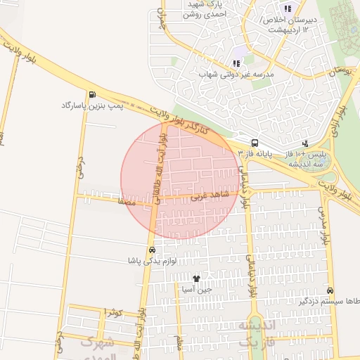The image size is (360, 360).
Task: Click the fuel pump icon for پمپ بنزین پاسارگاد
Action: click(x=92, y=94)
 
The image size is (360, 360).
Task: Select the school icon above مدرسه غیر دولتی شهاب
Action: click(x=236, y=63)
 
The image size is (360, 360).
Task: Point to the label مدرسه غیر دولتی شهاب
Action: click(x=236, y=74)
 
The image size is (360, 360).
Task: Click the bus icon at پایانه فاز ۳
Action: click(x=254, y=141)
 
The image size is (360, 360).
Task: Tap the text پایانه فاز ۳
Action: click(x=254, y=153)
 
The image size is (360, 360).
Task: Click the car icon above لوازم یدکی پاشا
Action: click(x=152, y=250)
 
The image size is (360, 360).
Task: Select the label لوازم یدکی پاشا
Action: click(x=151, y=262)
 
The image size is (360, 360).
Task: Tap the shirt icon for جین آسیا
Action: click(x=196, y=278)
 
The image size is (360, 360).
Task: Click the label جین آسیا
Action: click(x=196, y=290)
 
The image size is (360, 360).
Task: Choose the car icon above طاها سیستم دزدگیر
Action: click(x=330, y=290)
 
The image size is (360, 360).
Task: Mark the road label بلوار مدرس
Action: click(x=324, y=225)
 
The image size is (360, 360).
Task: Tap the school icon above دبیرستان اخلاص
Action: click(x=287, y=8)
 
